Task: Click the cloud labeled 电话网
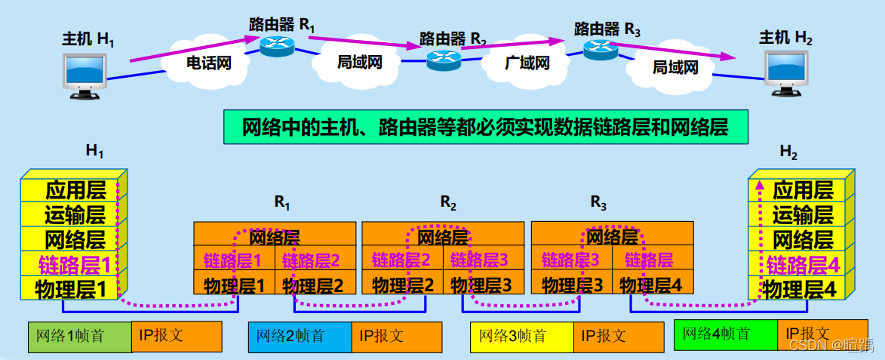pos(208,63)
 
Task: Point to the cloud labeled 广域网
pos(527,63)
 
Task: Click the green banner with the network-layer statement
pos(485,127)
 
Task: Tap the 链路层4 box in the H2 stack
pos(801,265)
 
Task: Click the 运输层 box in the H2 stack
pos(801,215)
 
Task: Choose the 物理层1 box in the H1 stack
pos(74,288)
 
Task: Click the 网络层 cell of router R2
pos(443,238)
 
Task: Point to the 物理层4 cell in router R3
pos(651,285)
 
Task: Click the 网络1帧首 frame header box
pos(79,337)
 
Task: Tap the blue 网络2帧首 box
pos(300,337)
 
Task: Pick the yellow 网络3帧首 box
pos(521,337)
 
